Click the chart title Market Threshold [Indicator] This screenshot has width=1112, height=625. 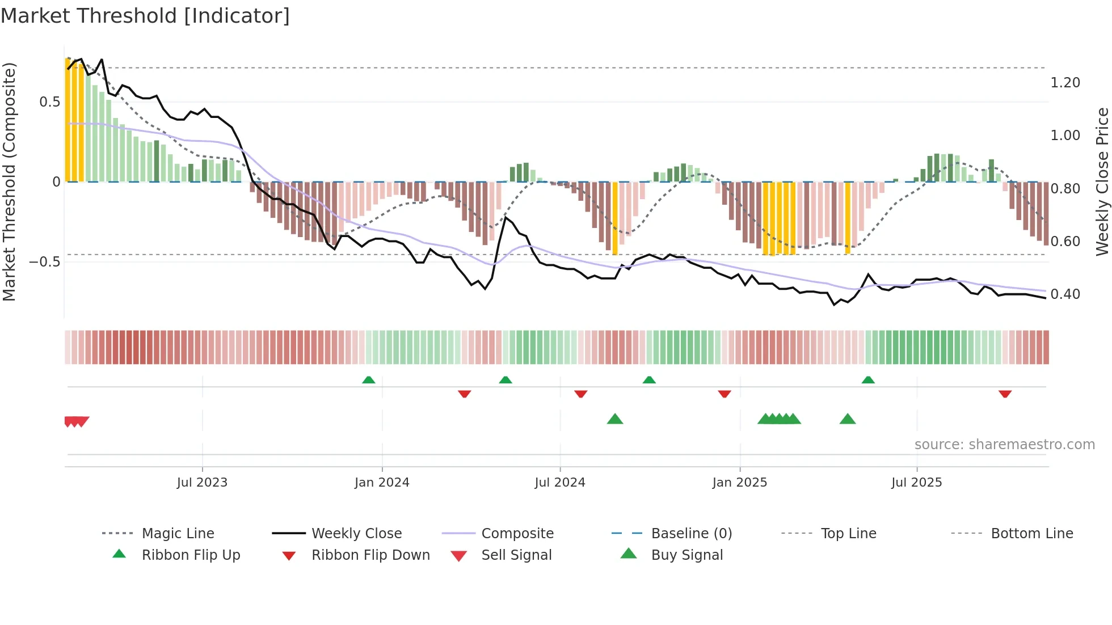point(145,16)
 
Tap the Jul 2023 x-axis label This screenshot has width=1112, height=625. point(202,483)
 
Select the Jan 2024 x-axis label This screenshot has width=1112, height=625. point(382,483)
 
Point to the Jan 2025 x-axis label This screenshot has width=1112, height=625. point(740,483)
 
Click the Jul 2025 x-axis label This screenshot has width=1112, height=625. point(917,483)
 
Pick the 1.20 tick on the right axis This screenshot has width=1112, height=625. point(1065,83)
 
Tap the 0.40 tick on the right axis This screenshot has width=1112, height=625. point(1065,294)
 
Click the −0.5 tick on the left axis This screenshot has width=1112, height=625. point(45,262)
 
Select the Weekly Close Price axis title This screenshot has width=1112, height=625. point(1102,181)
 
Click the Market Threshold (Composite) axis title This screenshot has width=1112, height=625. point(9,181)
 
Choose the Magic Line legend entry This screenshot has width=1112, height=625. point(178,534)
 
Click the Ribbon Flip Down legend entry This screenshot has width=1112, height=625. point(370,555)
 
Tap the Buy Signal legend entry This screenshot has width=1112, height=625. point(686,555)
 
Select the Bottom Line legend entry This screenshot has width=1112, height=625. point(1031,534)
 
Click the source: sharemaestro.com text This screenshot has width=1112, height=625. point(1004,445)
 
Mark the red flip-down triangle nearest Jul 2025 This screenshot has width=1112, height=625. point(1005,394)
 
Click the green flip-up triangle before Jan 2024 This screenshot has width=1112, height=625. point(369,380)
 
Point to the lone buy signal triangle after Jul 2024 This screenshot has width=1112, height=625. point(615,419)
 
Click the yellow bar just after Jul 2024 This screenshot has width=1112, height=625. point(615,218)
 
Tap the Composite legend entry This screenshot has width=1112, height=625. point(517,534)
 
